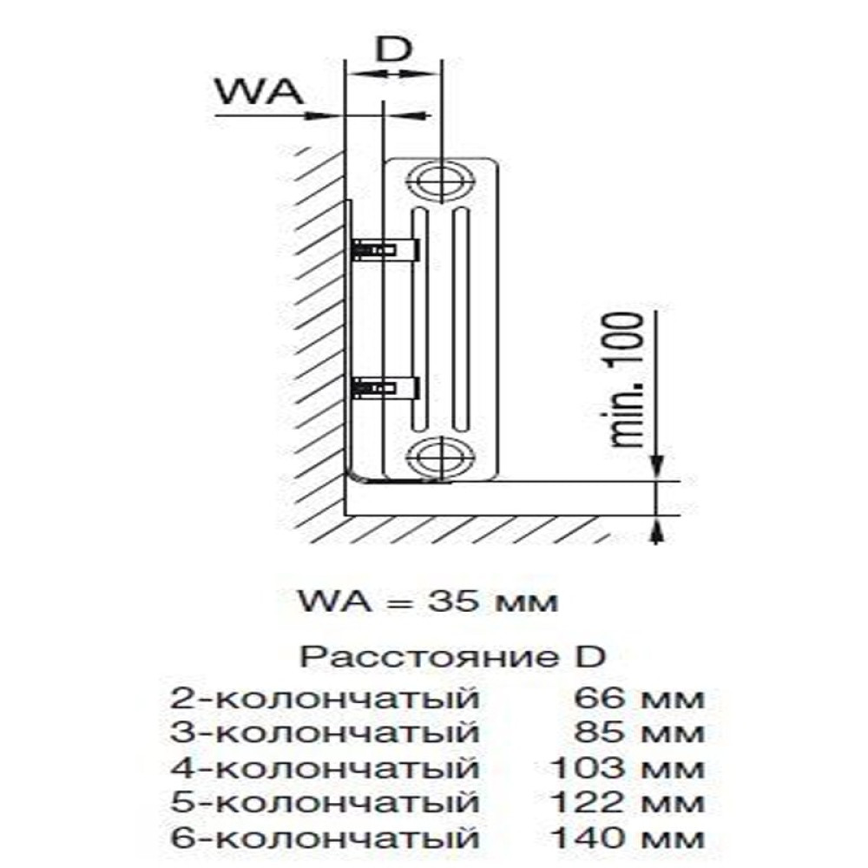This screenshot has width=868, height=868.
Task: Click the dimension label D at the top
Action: (x=395, y=51)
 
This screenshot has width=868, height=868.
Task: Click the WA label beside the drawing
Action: (x=258, y=91)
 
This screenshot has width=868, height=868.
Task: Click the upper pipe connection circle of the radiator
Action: (x=441, y=181)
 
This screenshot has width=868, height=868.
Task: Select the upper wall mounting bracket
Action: (x=386, y=250)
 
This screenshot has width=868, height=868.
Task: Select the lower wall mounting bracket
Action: (x=386, y=386)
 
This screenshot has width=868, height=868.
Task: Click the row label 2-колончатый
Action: (x=325, y=697)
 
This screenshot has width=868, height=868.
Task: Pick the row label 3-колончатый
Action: (x=325, y=733)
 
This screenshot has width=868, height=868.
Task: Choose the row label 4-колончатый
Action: (x=325, y=768)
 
